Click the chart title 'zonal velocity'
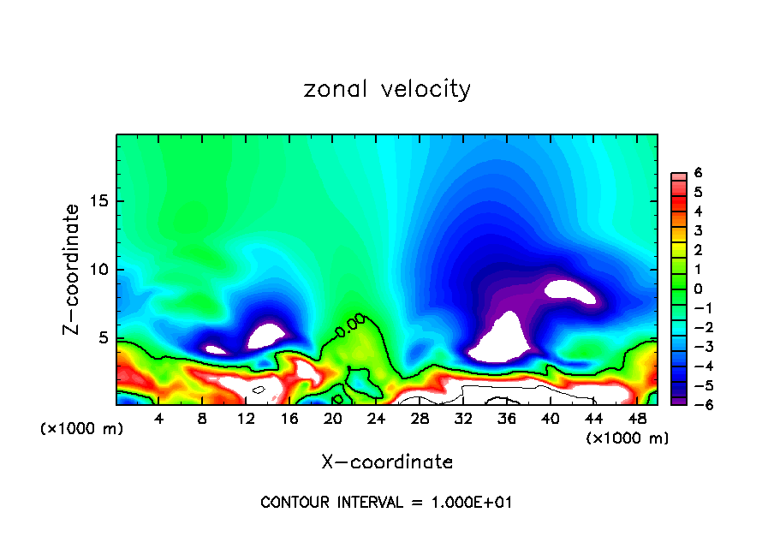click(x=387, y=89)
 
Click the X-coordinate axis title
click(x=387, y=462)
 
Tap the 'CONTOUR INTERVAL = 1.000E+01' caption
click(x=386, y=503)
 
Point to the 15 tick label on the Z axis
click(x=99, y=202)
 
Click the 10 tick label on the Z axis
click(x=99, y=270)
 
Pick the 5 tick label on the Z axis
click(x=104, y=337)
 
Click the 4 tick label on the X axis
click(x=158, y=418)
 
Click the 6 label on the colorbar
click(x=699, y=173)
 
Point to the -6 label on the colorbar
click(x=695, y=404)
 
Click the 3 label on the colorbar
click(x=699, y=230)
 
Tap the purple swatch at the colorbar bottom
click(x=677, y=401)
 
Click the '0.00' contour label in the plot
click(x=350, y=326)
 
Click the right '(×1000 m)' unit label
click(x=627, y=438)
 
